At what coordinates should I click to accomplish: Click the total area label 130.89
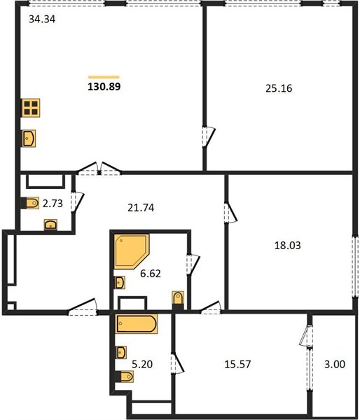[104, 87]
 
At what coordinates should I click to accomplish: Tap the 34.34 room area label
[42, 20]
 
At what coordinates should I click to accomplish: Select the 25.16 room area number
[279, 88]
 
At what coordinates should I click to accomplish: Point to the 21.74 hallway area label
[141, 208]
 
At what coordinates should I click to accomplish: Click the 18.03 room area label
[288, 246]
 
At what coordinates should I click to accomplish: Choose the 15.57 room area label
[237, 364]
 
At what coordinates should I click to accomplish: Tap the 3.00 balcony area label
[335, 364]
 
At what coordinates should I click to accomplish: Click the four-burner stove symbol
[31, 108]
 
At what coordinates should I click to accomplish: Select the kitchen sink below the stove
[29, 139]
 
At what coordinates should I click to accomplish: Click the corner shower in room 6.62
[132, 251]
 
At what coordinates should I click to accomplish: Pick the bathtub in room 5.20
[137, 324]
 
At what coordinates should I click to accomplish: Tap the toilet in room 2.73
[30, 203]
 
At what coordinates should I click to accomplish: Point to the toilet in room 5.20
[125, 377]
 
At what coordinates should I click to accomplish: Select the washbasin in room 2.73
[50, 225]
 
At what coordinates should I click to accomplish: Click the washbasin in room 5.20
[121, 352]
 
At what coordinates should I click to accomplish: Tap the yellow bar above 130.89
[104, 77]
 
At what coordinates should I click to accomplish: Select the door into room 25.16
[209, 136]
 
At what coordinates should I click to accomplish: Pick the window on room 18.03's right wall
[355, 267]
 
